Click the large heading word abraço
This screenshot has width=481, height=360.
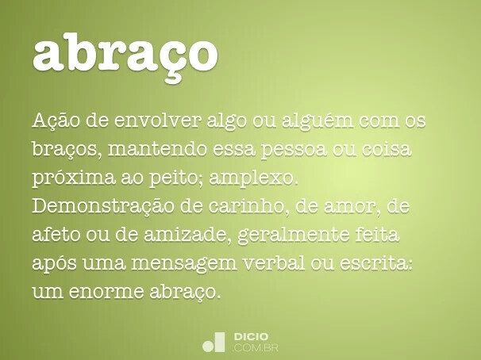pyautogui.click(x=125, y=53)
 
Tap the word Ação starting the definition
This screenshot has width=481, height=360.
pyautogui.click(x=55, y=121)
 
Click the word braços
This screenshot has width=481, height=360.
pyautogui.click(x=66, y=149)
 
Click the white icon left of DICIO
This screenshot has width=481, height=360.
pyautogui.click(x=214, y=342)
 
